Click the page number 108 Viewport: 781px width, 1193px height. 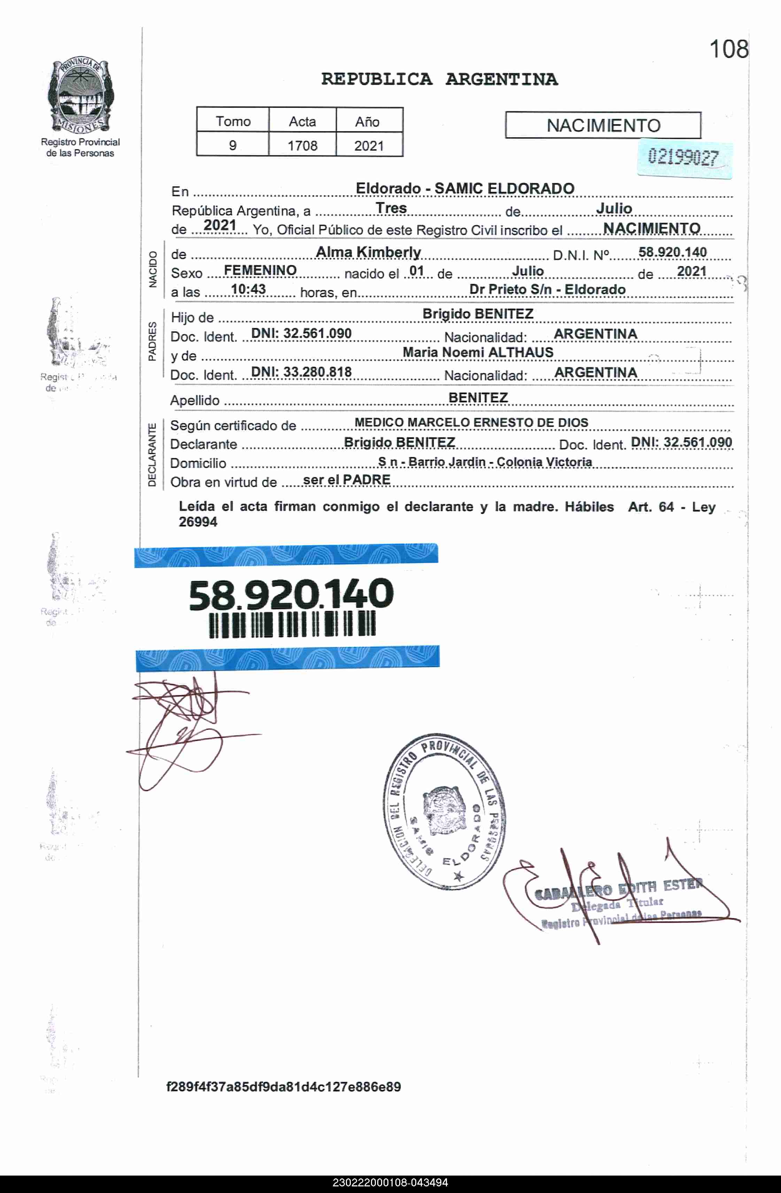[728, 49]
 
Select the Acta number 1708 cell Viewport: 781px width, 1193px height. [302, 145]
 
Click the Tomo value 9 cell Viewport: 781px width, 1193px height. [233, 145]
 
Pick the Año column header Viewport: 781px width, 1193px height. [368, 121]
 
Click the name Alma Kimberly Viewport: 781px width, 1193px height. [369, 252]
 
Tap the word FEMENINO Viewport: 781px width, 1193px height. [260, 271]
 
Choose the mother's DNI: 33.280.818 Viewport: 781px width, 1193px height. [301, 372]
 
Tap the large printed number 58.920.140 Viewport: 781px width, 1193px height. [291, 595]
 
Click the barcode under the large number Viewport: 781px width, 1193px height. [292, 624]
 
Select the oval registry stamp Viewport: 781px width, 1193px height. [444, 812]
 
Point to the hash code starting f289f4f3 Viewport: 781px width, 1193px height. [283, 1087]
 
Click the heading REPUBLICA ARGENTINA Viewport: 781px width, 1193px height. [439, 79]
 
